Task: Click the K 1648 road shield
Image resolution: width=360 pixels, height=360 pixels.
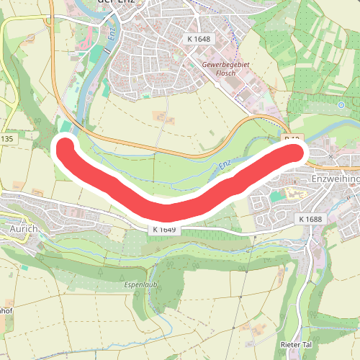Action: (x=198, y=38)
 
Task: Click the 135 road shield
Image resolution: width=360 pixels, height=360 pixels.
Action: (x=7, y=138)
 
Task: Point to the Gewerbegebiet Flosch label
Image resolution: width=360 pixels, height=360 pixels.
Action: (x=227, y=70)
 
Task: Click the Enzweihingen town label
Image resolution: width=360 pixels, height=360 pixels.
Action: (x=335, y=176)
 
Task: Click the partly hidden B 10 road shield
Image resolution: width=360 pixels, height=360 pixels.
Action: (x=291, y=137)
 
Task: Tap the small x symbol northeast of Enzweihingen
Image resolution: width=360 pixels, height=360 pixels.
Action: (x=331, y=156)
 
